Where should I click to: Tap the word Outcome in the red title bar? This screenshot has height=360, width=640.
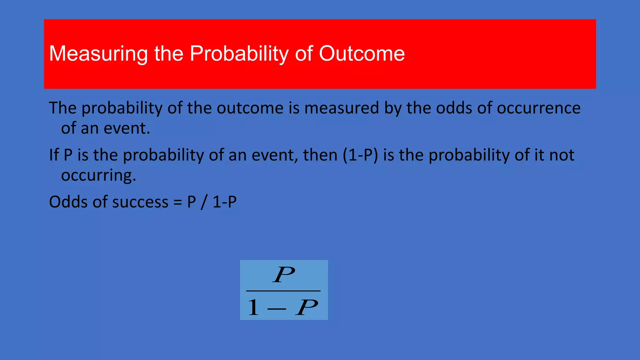click(362, 54)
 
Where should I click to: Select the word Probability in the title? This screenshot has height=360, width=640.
click(239, 54)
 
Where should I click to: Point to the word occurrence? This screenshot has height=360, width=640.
click(538, 108)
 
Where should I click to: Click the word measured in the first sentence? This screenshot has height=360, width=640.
click(342, 108)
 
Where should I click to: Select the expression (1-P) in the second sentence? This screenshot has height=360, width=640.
click(360, 155)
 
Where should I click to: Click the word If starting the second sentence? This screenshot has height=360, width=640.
click(54, 155)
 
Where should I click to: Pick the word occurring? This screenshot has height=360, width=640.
click(98, 175)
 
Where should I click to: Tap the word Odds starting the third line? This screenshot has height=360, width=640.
click(68, 202)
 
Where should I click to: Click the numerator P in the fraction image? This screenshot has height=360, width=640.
click(284, 275)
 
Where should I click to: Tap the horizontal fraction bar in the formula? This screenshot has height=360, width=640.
click(283, 291)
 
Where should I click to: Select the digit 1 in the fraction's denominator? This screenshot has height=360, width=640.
click(253, 307)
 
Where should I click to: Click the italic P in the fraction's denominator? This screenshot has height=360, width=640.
click(307, 307)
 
